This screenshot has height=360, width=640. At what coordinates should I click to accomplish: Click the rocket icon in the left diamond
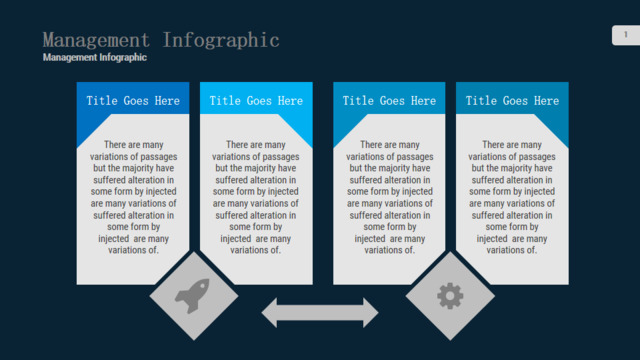[x=193, y=296]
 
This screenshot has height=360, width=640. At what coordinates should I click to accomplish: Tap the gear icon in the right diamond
[x=450, y=296]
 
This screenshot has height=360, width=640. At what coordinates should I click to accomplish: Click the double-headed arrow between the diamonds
[x=320, y=313]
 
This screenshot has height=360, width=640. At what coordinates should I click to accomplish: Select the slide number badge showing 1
[x=626, y=35]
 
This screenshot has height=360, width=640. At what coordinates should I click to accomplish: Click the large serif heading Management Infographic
[x=161, y=40]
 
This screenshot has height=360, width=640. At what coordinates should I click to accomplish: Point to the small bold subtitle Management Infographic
[x=95, y=58]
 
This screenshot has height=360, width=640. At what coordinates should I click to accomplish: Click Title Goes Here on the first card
[x=133, y=101]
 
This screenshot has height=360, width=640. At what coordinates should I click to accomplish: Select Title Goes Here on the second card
[x=256, y=101]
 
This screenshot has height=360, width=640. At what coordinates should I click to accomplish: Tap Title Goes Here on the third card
[x=389, y=101]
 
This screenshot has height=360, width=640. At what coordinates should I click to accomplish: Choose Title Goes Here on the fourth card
[x=512, y=101]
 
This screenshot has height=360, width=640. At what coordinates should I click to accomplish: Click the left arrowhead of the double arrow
[x=269, y=313]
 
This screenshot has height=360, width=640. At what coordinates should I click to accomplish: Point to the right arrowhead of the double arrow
[x=371, y=313]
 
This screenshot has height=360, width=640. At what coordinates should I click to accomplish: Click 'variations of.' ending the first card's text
[x=133, y=250]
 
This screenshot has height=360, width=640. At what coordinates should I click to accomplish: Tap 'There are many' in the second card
[x=256, y=145]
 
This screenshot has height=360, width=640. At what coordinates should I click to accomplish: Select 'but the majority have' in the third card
[x=390, y=168]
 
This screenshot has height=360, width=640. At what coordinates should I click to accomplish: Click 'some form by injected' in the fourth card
[x=512, y=191]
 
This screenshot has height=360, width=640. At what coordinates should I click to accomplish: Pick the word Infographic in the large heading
[x=221, y=40]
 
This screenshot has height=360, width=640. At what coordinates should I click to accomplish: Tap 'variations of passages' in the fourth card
[x=512, y=157]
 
